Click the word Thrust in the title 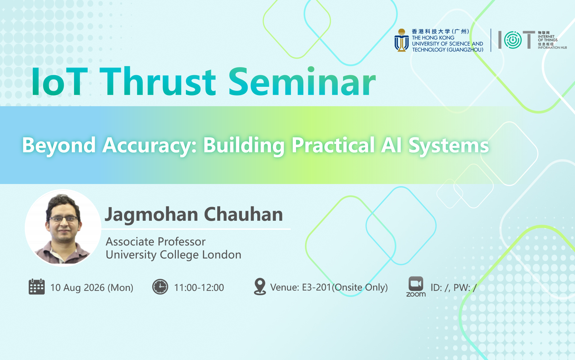point(158,82)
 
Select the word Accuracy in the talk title point(150,146)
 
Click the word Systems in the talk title point(449,146)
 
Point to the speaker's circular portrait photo point(63,228)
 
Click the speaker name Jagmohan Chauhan point(194,214)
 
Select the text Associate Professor point(156,241)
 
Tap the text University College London point(174,255)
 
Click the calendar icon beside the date point(37,287)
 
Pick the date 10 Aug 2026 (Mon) point(92,288)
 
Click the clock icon point(160,287)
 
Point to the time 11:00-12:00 point(199,288)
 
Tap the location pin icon point(260,287)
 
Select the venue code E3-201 point(316,287)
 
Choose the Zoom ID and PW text point(454,288)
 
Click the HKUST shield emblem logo point(401,40)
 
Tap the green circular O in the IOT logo point(513,40)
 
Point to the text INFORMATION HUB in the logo point(552,48)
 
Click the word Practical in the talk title point(333,146)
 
